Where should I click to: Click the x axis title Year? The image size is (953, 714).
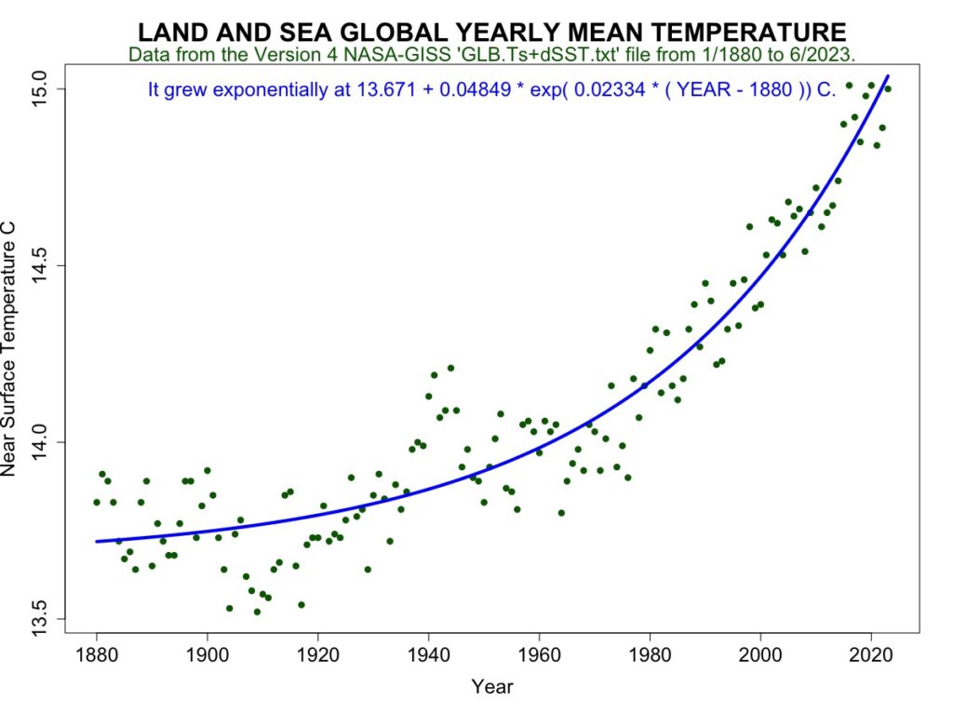point(492,688)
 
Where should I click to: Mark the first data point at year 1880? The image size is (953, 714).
point(97,502)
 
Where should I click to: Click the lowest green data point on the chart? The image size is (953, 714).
point(257,612)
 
